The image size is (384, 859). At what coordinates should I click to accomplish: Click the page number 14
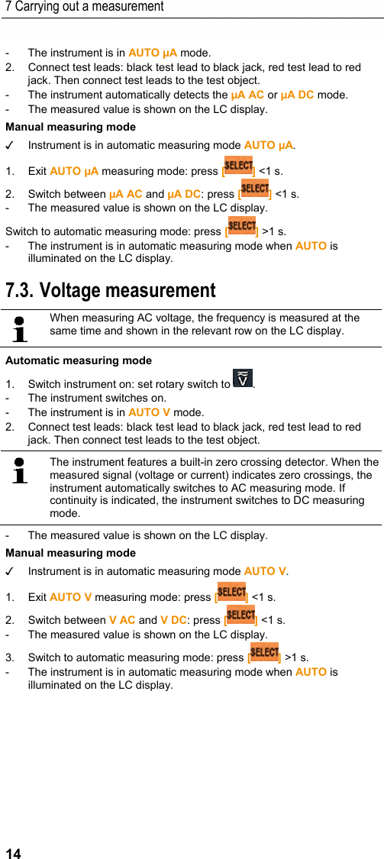(x=13, y=853)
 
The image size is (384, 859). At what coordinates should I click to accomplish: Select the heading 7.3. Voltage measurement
(x=110, y=291)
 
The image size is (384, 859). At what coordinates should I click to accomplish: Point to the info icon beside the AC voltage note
(x=20, y=328)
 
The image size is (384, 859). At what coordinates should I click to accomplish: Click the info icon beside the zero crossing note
(x=20, y=470)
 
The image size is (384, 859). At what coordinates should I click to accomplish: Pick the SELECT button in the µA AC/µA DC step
(x=254, y=188)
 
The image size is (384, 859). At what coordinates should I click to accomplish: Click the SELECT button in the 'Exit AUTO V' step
(x=231, y=593)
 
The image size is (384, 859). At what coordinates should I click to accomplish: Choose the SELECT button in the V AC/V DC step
(x=240, y=615)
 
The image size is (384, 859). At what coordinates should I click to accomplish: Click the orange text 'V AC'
(x=122, y=620)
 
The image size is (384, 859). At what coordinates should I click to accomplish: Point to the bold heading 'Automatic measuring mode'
(x=79, y=360)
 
